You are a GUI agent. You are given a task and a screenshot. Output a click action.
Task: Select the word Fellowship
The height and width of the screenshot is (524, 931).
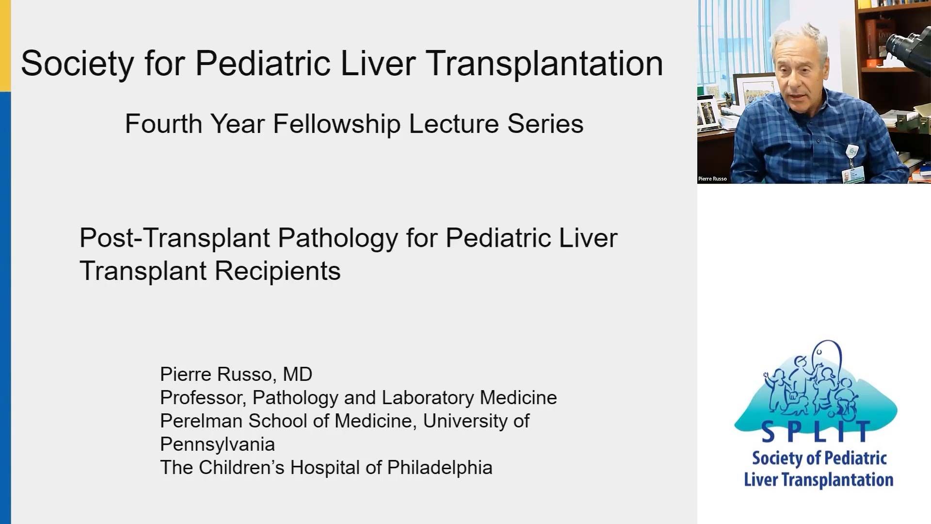(337, 125)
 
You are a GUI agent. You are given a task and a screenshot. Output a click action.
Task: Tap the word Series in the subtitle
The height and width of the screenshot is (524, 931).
(546, 124)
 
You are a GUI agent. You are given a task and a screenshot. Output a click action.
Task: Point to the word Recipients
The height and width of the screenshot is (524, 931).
(277, 271)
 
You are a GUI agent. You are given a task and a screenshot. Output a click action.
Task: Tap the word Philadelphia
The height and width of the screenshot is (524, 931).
(440, 468)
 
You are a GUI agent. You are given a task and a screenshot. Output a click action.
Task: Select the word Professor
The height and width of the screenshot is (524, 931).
(203, 398)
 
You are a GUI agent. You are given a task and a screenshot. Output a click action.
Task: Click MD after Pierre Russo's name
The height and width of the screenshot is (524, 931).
(298, 374)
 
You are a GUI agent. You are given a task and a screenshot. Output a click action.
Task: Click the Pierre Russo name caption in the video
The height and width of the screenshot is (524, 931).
(712, 179)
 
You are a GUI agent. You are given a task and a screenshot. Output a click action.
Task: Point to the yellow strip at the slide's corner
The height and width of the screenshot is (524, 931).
(5, 46)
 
